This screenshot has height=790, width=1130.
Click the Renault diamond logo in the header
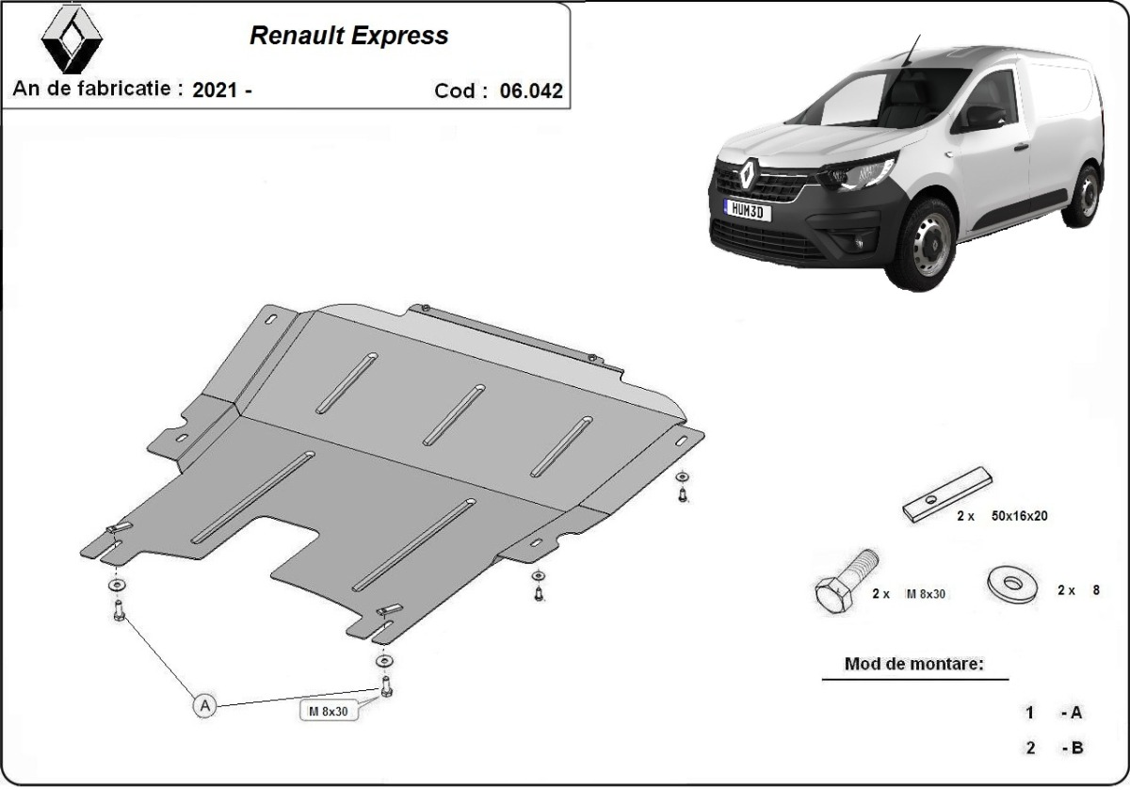tap(72, 39)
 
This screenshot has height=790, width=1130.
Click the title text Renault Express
tap(348, 36)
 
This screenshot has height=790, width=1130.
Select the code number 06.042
tap(531, 91)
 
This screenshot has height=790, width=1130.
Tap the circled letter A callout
tap(204, 704)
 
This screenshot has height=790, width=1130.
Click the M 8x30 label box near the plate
tap(329, 712)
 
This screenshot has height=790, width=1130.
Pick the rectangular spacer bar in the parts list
tap(946, 493)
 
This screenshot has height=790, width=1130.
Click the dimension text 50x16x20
tap(1019, 516)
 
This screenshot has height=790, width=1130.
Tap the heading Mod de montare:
tap(913, 664)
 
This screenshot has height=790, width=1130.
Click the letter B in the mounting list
tap(1076, 748)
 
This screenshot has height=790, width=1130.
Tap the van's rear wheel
tap(1085, 195)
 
